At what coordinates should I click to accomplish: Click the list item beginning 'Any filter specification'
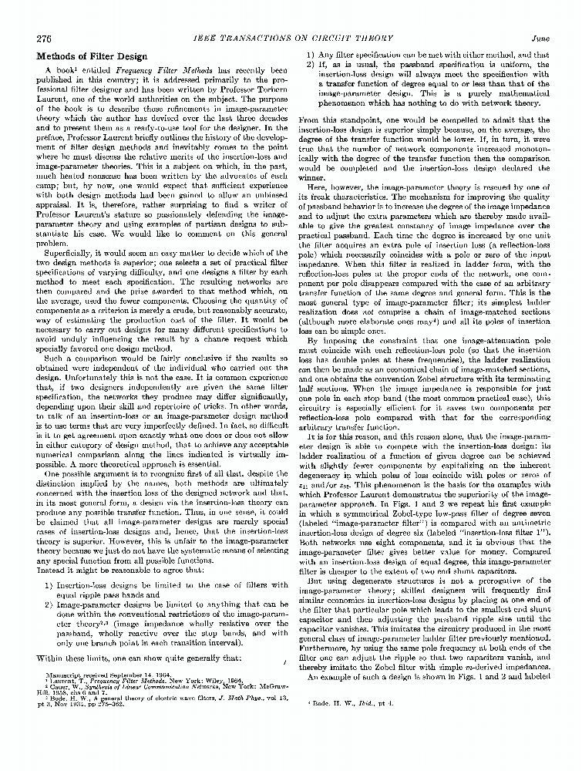[x=428, y=56]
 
